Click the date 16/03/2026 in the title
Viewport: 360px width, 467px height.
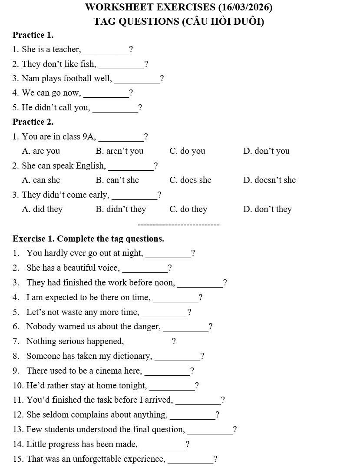[x=246, y=7]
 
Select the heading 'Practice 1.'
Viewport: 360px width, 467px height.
[x=33, y=35]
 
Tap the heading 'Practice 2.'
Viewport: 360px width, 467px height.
[x=33, y=122]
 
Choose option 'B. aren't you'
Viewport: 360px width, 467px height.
[x=119, y=151]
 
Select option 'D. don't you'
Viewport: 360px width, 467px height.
[x=266, y=151]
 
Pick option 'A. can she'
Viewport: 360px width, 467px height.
[x=41, y=180]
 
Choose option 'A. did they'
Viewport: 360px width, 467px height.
[x=42, y=209]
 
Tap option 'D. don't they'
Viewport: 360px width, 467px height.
[x=268, y=209]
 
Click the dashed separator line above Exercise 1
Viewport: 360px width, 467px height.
[x=178, y=225]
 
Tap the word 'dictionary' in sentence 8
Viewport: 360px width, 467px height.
[x=132, y=356]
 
